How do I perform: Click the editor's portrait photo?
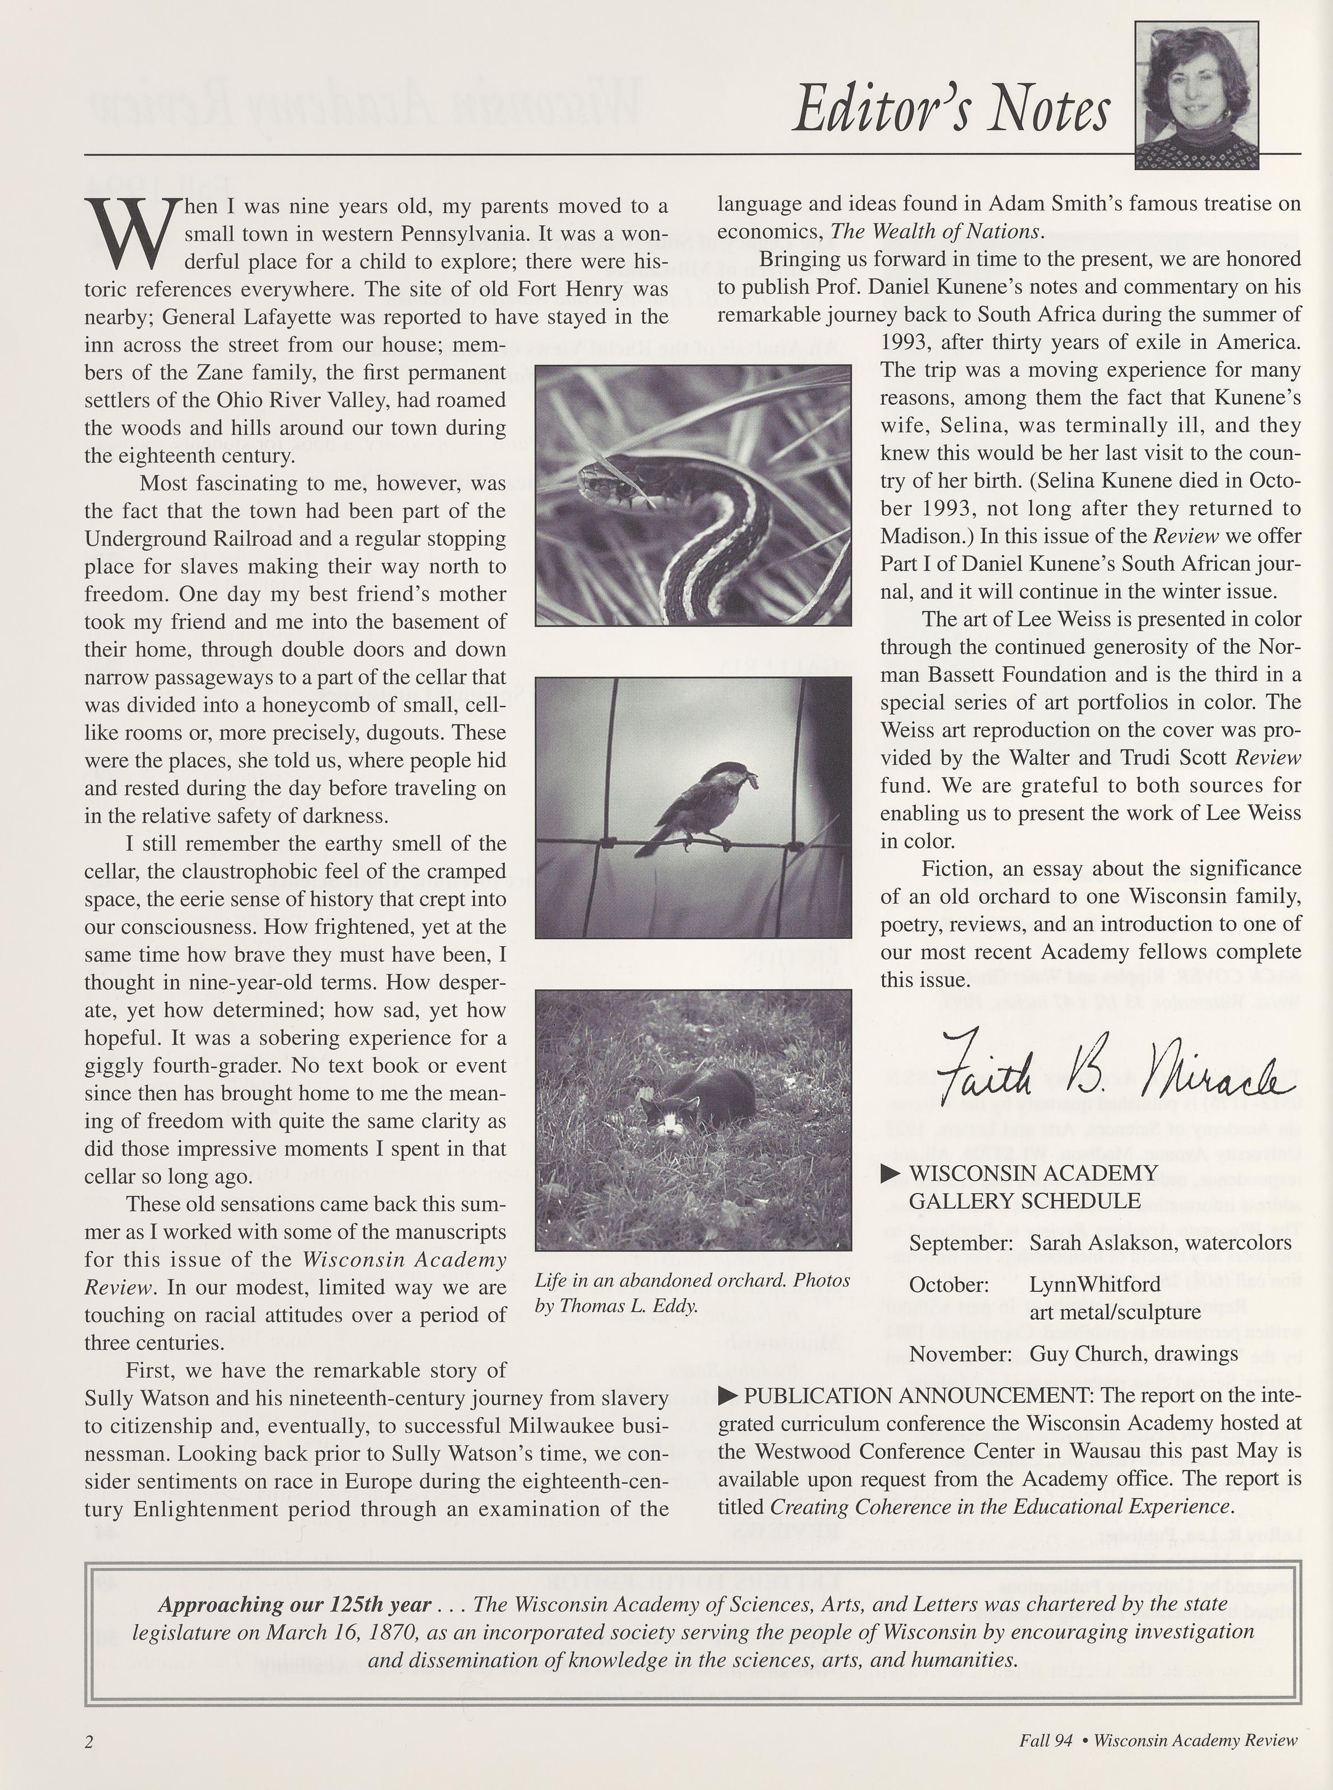1195,95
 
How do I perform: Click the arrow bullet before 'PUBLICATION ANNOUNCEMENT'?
728,1395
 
